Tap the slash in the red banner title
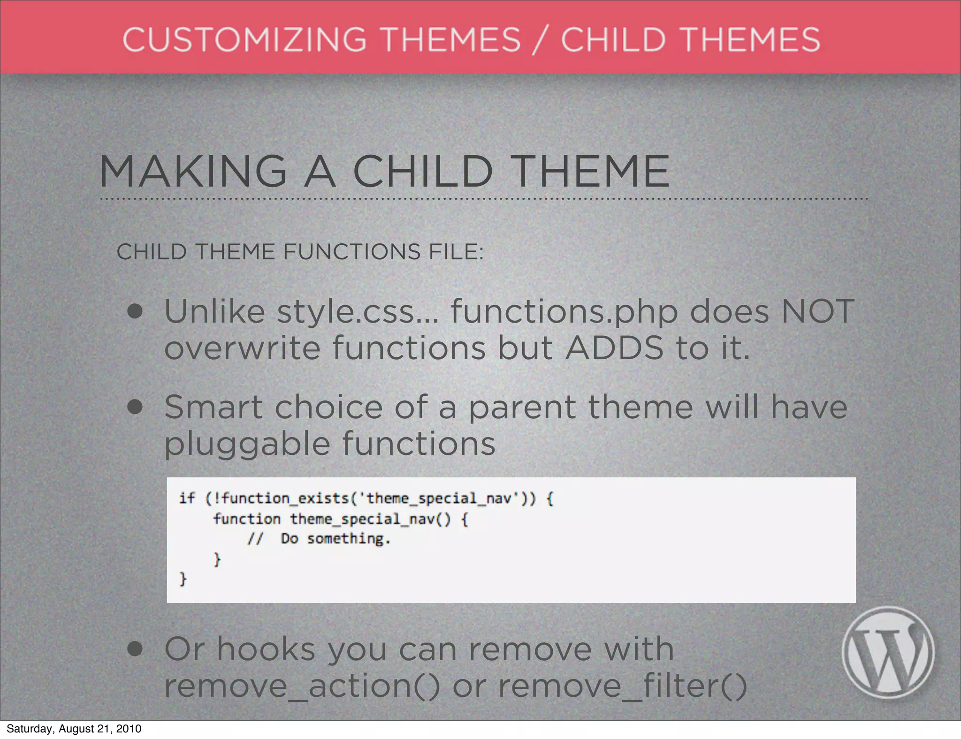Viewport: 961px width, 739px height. tap(541, 40)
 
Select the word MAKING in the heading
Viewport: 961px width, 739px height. tap(193, 172)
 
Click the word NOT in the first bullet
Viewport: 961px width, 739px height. tap(817, 311)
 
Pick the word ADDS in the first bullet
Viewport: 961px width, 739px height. tap(614, 348)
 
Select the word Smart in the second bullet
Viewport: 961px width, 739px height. tap(214, 407)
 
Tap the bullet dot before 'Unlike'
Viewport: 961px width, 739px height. tap(135, 311)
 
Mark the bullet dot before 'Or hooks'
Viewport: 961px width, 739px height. tap(135, 649)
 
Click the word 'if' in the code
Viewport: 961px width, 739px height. tap(186, 498)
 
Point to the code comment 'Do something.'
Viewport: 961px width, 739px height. tap(336, 539)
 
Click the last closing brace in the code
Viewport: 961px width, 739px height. tap(183, 579)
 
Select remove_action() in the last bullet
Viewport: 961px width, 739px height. tap(302, 686)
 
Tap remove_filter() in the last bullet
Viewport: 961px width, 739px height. tap(622, 686)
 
